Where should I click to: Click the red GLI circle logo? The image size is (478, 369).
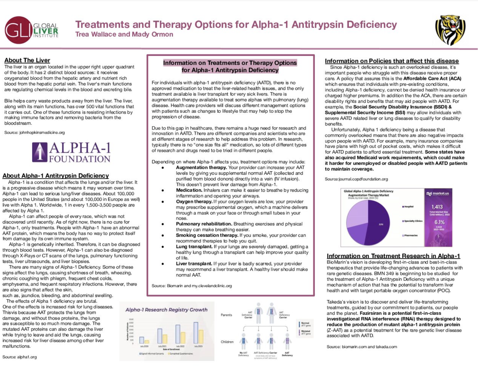click(18, 30)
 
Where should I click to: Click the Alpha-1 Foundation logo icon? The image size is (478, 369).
click(40, 152)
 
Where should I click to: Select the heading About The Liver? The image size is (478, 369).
click(27, 60)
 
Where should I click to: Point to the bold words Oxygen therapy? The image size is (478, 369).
click(194, 202)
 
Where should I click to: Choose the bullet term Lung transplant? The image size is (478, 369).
click(194, 247)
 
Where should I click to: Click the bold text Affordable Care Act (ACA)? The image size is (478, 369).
click(432, 78)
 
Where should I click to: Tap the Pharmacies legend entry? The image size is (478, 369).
click(410, 235)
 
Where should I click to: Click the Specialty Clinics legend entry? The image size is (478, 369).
click(413, 221)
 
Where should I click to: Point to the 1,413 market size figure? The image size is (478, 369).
click(437, 207)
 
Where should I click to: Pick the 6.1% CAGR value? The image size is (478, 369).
click(439, 222)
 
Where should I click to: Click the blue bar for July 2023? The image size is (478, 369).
click(196, 333)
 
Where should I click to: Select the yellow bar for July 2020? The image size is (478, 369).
click(147, 342)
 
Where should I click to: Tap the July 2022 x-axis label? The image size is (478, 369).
click(180, 346)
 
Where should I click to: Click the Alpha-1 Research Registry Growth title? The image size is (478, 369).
click(166, 310)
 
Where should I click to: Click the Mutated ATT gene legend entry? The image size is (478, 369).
click(305, 332)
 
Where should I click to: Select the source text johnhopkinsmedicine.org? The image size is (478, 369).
click(42, 132)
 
